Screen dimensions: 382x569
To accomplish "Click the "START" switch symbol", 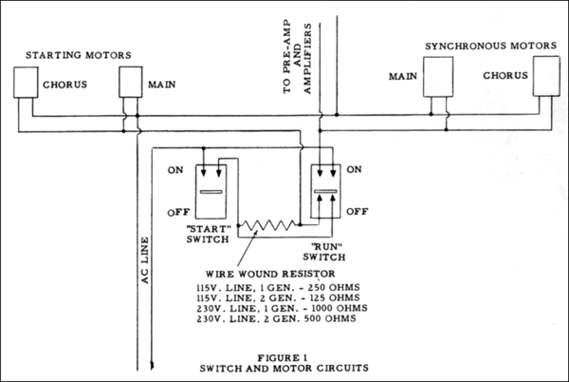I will [213, 191].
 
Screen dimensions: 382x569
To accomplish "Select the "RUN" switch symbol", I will [324, 191].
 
